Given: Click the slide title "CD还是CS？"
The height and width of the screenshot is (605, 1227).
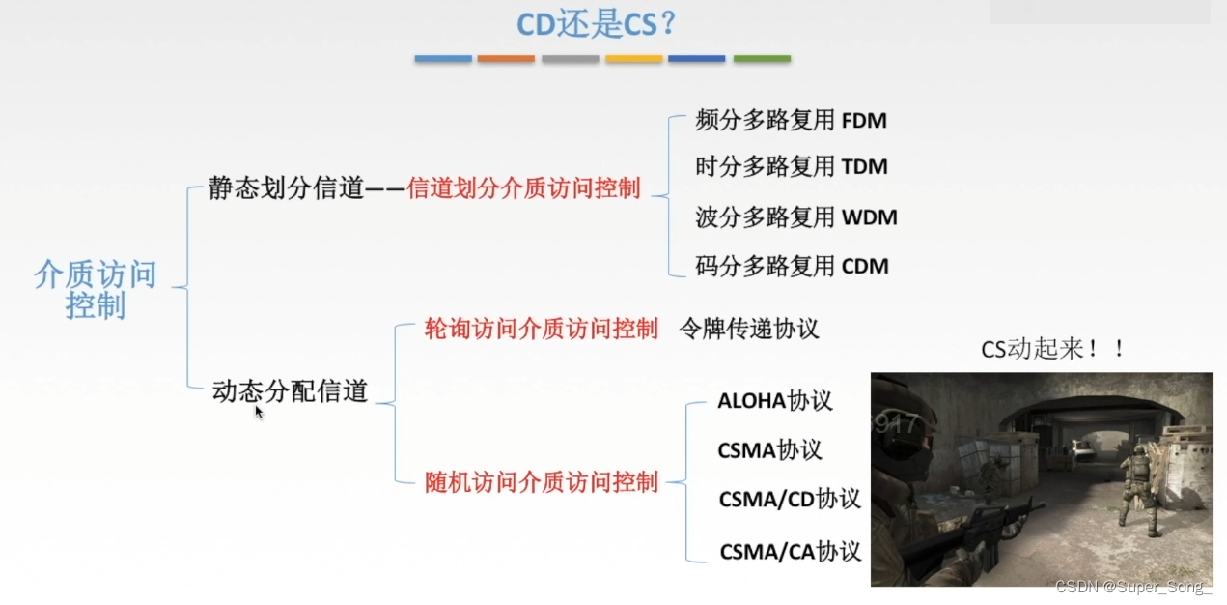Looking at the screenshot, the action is [x=598, y=23].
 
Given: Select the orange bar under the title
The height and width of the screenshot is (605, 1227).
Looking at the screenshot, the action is [x=506, y=59].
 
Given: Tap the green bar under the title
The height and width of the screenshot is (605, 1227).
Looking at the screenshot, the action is [x=762, y=59].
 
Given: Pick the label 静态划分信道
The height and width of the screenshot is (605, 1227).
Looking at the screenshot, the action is [x=286, y=188].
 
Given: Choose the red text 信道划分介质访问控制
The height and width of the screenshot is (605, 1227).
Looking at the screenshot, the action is [x=524, y=188].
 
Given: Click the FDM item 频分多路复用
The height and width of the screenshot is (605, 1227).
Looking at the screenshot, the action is [x=791, y=121].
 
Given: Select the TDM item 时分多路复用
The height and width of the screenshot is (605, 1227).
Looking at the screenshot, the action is [x=791, y=166].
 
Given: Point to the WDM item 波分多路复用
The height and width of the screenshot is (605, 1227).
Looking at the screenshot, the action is [x=795, y=216].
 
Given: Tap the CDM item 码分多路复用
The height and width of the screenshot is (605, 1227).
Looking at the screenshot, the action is [x=792, y=266].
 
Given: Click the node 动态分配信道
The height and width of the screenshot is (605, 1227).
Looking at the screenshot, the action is [x=290, y=391].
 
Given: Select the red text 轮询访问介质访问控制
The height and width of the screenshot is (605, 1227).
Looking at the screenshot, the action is [x=542, y=329].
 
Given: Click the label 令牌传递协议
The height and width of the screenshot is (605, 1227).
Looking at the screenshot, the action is [x=749, y=329].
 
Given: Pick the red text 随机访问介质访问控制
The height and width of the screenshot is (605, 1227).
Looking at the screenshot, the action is [x=542, y=481].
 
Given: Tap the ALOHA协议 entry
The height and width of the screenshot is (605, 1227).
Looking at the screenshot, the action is [x=774, y=401].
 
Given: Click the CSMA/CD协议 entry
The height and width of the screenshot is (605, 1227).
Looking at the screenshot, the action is [x=789, y=500].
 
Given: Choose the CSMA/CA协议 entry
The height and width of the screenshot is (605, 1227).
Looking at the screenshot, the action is [x=790, y=552].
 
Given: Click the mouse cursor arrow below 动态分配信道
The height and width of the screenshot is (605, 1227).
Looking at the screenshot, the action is [x=259, y=412].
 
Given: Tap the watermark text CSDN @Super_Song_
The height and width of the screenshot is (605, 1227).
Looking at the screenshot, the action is [x=1133, y=588].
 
